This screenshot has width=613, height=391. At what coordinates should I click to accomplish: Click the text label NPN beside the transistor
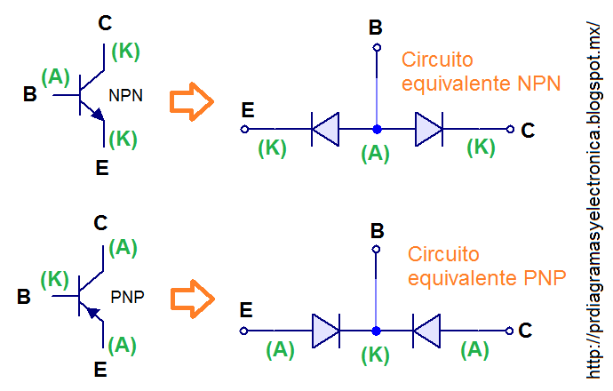pyautogui.click(x=126, y=95)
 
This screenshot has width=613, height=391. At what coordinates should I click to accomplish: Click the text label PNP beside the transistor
pyautogui.click(x=128, y=296)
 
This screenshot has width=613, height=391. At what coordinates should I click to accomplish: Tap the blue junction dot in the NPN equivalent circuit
pyautogui.click(x=376, y=129)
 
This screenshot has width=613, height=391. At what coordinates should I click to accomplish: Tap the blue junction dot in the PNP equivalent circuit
pyautogui.click(x=376, y=331)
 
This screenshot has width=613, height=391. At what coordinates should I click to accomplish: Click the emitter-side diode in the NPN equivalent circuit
pyautogui.click(x=325, y=129)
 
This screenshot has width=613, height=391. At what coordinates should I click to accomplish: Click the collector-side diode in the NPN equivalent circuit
pyautogui.click(x=428, y=129)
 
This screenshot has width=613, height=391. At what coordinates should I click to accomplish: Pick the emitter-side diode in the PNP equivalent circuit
pyautogui.click(x=326, y=331)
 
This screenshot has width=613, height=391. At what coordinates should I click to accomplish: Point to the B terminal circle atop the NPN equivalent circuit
pyautogui.click(x=376, y=47)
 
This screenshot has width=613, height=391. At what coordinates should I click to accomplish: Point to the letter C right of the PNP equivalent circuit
pyautogui.click(x=526, y=331)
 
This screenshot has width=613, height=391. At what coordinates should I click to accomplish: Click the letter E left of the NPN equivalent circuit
pyautogui.click(x=248, y=110)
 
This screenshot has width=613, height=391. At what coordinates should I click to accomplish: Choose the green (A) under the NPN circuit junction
pyautogui.click(x=376, y=154)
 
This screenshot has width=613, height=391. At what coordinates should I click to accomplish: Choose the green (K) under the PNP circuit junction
pyautogui.click(x=376, y=355)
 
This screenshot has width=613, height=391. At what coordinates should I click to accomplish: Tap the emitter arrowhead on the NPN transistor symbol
pyautogui.click(x=98, y=115)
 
